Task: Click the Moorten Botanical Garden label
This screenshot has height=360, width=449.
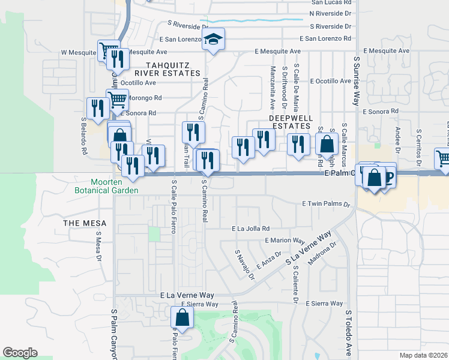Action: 115,186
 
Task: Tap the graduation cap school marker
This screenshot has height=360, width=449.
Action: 212,40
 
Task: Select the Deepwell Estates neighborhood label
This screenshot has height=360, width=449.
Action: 289,122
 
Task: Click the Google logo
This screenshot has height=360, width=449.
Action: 20,353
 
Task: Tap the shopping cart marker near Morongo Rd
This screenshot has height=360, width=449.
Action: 118,99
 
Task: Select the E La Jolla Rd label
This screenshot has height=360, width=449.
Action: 251,229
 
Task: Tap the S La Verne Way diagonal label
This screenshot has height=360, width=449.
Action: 309,248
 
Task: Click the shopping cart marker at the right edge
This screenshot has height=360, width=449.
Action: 444,158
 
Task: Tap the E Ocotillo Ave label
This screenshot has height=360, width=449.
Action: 330,81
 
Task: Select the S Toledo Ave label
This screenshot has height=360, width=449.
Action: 348,333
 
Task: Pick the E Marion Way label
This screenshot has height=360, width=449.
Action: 285,241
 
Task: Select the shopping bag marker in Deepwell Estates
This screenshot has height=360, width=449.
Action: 327,145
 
